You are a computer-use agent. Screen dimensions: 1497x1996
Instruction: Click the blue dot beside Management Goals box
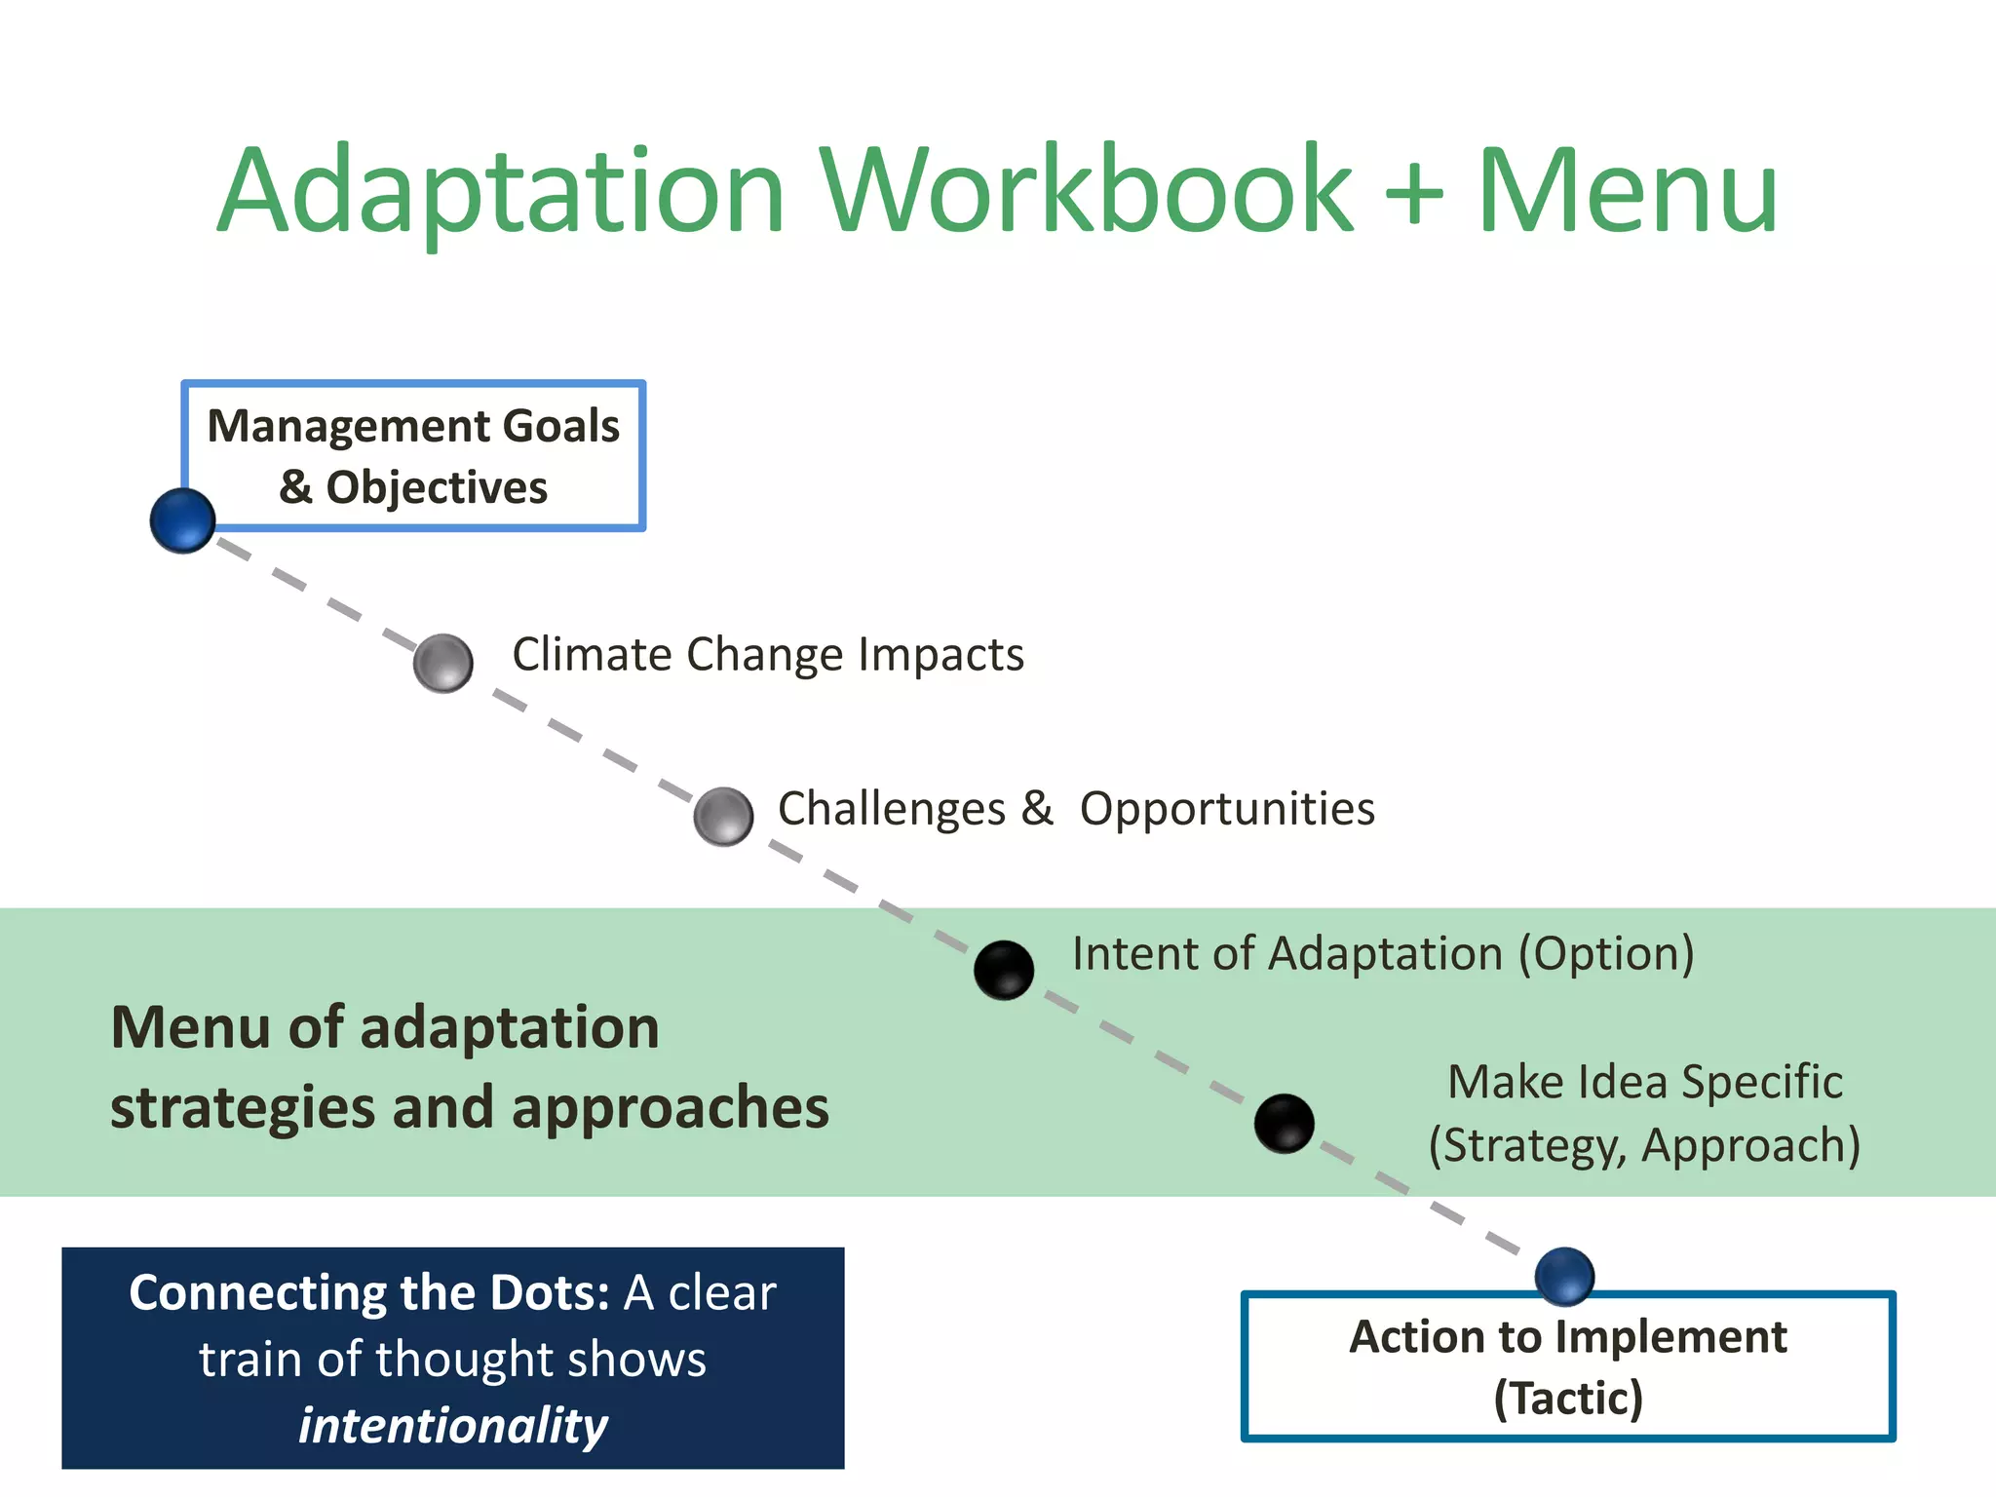point(182,520)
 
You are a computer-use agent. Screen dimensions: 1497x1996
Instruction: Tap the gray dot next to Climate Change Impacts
point(443,664)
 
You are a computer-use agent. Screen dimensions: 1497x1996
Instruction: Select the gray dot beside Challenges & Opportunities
point(723,817)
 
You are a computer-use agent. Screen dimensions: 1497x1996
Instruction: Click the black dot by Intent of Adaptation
point(1004,970)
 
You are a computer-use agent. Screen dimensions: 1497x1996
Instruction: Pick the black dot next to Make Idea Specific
point(1284,1123)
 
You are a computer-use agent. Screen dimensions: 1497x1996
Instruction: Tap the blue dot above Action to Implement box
point(1564,1276)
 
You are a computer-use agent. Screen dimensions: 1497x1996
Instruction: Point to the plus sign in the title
point(1413,192)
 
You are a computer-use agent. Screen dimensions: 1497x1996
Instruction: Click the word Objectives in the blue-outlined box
point(437,487)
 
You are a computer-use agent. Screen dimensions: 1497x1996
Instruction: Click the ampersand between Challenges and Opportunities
point(1037,808)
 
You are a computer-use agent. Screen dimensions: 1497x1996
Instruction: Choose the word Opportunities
point(1227,809)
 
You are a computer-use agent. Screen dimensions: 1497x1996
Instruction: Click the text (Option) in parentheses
point(1606,953)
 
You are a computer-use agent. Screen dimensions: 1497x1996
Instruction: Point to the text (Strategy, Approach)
point(1644,1145)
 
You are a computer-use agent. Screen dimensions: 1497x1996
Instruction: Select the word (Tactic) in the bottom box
point(1568,1398)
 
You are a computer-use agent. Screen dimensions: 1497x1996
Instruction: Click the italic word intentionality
point(453,1426)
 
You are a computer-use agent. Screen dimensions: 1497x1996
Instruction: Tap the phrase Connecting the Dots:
point(369,1293)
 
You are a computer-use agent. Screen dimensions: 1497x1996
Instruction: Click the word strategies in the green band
point(243,1108)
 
